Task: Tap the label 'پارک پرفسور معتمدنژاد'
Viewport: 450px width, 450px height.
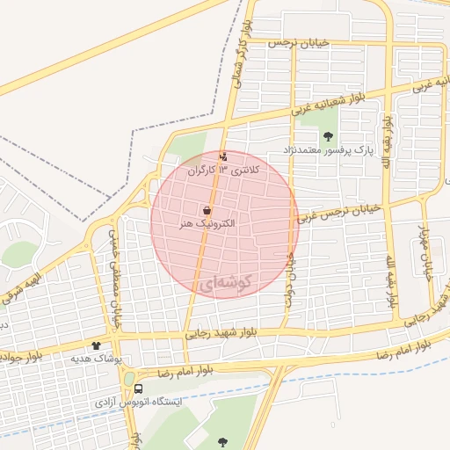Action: point(329,150)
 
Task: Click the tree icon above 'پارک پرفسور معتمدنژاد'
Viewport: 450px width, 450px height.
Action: point(329,136)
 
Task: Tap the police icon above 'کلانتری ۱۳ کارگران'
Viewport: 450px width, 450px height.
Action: point(223,158)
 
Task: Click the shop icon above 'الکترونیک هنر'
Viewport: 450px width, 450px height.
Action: point(207,211)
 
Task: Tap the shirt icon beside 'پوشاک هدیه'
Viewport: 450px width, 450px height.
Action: point(96,346)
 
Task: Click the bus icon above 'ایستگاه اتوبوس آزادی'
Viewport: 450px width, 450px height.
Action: point(139,388)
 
